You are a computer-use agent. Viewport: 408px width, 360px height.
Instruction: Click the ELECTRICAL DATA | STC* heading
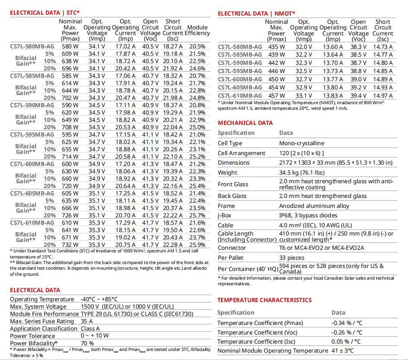point(45,13)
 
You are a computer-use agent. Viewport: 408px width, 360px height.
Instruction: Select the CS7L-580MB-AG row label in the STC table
point(32,46)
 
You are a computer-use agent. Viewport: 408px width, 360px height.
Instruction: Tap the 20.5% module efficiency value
point(197,46)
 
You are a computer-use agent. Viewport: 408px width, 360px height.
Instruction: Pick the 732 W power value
point(70,245)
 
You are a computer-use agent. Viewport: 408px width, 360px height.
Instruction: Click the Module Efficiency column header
point(197,30)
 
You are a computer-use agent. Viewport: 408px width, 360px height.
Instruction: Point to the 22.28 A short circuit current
point(173,245)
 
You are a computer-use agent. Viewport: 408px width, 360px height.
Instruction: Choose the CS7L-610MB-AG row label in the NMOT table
point(239,96)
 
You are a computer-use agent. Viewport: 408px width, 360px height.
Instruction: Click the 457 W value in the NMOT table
point(277,96)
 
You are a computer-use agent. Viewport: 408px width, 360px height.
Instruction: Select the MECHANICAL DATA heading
point(245,123)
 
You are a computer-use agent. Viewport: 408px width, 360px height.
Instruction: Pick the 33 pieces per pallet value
point(292,258)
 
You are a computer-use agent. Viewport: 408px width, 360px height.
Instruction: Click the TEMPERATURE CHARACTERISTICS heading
point(264,300)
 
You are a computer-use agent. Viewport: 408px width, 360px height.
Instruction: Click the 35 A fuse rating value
point(87,321)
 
